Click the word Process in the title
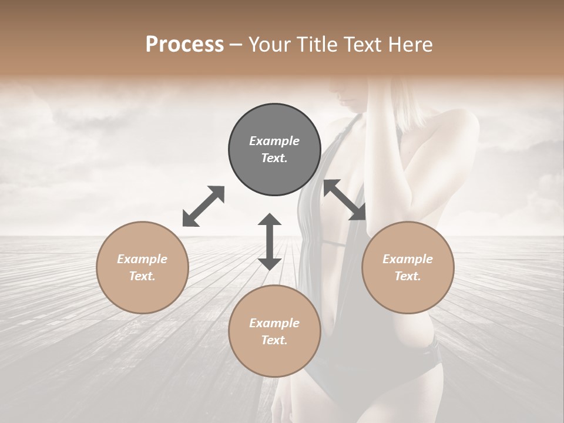(184, 45)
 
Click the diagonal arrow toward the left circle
(203, 206)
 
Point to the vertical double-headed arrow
(270, 241)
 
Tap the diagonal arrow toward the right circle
(345, 200)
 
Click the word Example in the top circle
(274, 141)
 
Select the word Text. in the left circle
(142, 276)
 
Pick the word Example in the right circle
(408, 259)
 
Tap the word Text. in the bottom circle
(274, 340)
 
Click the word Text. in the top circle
(274, 158)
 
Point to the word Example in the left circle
(142, 259)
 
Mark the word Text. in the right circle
(408, 276)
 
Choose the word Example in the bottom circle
(274, 323)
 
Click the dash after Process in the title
(236, 45)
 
